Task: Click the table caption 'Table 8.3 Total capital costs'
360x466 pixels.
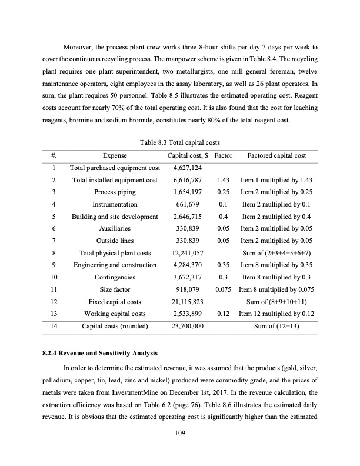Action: click(180, 141)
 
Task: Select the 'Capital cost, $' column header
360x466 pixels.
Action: click(188, 156)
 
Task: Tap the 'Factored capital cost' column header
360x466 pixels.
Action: click(276, 156)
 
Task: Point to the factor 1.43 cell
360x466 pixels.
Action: click(222, 180)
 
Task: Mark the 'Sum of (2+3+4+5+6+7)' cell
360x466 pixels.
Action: click(276, 253)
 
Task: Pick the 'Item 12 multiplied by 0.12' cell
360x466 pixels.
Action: click(276, 314)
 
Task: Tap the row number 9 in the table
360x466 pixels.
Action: click(54, 265)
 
